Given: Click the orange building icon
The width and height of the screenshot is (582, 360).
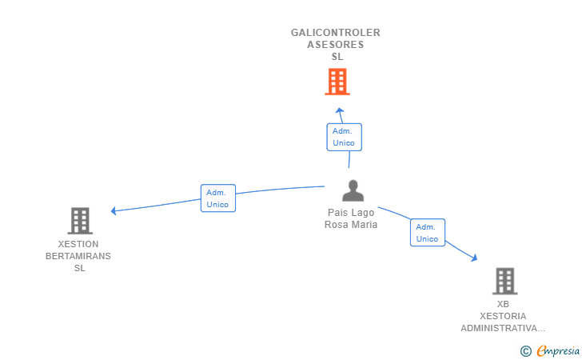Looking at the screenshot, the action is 337,82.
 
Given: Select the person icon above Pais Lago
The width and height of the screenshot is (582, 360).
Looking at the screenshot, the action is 353,190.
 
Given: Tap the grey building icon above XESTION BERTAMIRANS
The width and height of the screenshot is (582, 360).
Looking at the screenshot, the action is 80,221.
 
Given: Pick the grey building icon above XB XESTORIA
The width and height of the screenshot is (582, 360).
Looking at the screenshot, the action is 504,281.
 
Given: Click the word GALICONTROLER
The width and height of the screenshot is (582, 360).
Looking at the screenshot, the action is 336,33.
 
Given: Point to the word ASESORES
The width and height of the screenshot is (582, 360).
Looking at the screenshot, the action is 336,45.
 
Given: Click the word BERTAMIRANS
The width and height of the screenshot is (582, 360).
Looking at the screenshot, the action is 78,256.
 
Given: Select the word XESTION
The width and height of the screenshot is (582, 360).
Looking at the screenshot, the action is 78,244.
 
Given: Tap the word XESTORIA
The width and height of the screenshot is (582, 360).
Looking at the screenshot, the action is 503,316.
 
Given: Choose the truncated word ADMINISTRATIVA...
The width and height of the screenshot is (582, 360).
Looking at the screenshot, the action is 503,329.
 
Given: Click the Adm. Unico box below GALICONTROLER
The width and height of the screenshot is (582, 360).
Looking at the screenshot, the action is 344,137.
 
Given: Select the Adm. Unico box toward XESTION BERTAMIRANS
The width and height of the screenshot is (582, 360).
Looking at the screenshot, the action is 218,198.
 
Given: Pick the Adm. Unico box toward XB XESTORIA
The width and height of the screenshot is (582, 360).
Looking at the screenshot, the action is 428,233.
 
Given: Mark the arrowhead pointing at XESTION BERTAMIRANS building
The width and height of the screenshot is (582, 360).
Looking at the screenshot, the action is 114,210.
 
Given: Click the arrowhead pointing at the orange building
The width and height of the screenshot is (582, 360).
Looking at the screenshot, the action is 339,110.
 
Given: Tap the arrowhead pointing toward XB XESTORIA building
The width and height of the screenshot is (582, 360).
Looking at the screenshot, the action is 474,258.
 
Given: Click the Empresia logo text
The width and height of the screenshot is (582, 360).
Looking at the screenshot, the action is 558,350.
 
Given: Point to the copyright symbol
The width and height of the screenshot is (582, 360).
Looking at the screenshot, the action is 525,351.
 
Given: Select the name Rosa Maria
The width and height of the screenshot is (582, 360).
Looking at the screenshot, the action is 351,224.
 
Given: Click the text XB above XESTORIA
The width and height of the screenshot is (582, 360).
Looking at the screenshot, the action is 503,304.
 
